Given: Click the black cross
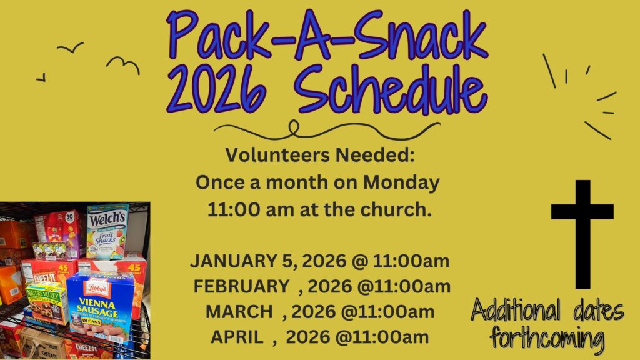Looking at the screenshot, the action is [x=582, y=234].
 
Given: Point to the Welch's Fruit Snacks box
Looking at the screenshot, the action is [x=107, y=231].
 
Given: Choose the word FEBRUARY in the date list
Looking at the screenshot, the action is [x=241, y=286].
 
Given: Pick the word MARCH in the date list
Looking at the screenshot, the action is [x=239, y=312].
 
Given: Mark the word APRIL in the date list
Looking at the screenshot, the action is [x=237, y=337].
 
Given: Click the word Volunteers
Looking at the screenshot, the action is [x=277, y=155].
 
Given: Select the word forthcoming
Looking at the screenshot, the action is [x=547, y=338].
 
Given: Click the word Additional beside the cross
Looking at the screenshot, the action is [x=516, y=311].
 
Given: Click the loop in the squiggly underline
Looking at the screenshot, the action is [x=294, y=127].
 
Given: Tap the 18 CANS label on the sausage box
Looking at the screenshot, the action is [x=91, y=322].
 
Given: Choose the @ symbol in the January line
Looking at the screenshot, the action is [x=359, y=262].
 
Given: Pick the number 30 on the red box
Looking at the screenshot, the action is [x=70, y=216].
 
